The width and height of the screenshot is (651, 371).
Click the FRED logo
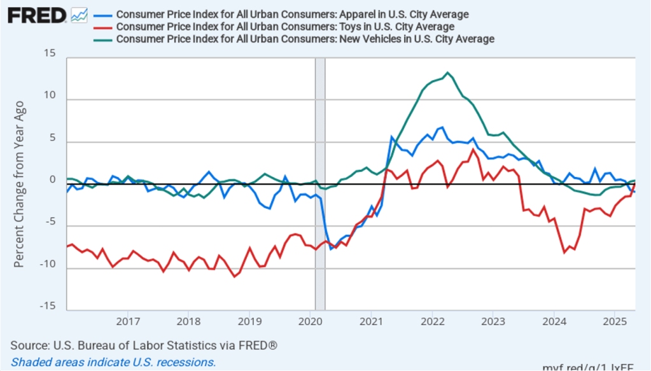coord(37,15)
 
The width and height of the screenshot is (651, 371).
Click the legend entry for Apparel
coord(292,14)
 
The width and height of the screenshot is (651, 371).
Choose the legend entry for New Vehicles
coord(305,39)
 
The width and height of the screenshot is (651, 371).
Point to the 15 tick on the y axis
coord(50,53)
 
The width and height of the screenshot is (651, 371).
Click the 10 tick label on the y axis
coord(50,95)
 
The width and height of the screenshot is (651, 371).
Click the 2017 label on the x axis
coord(128,320)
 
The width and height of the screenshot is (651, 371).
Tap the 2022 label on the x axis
coord(432,320)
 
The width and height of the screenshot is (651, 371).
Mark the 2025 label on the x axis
coord(615,320)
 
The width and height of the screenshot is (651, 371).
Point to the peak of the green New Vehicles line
coord(448,73)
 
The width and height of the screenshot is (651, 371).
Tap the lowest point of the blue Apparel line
coord(331,248)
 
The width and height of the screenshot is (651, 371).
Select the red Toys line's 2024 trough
coord(564,253)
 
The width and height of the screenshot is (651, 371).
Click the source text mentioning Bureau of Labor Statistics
coord(144,346)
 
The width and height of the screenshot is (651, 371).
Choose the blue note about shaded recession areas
coord(113,362)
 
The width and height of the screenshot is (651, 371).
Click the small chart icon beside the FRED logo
coord(80,15)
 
